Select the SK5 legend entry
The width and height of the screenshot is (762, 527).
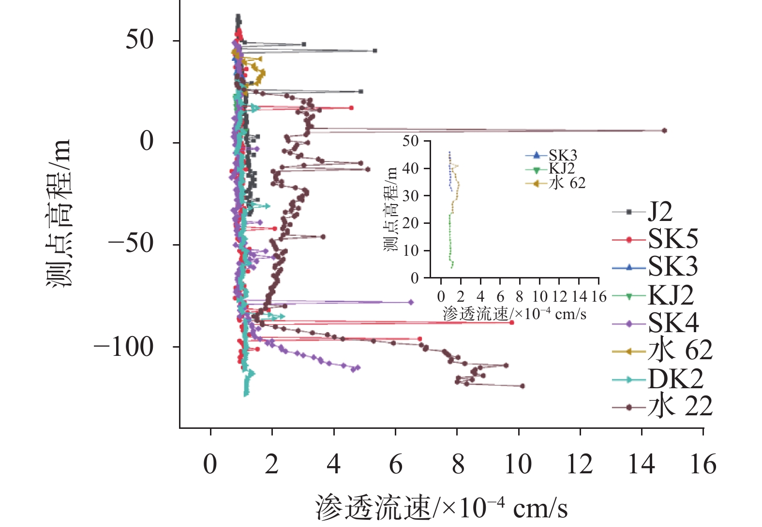click(x=672, y=239)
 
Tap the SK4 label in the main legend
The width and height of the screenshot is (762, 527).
click(x=672, y=323)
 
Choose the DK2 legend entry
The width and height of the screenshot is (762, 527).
click(x=675, y=380)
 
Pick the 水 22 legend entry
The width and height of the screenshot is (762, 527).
click(x=679, y=407)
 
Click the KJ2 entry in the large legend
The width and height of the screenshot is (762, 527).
click(x=670, y=295)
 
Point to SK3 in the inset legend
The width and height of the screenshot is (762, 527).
click(x=562, y=156)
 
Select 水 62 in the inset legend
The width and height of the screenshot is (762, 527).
click(x=567, y=183)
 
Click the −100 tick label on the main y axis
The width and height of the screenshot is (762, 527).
click(x=123, y=347)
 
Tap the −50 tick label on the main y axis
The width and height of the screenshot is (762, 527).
click(x=131, y=245)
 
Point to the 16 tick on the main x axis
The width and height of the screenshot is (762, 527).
click(x=703, y=465)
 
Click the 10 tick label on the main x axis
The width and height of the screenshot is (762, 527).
click(x=518, y=465)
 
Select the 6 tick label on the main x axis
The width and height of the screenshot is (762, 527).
click(x=396, y=465)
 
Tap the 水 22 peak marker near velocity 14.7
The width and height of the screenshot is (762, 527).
click(x=664, y=131)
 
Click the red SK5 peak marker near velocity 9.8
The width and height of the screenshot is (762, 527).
click(x=511, y=322)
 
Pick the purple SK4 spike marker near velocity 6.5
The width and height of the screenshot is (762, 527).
click(x=411, y=302)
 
